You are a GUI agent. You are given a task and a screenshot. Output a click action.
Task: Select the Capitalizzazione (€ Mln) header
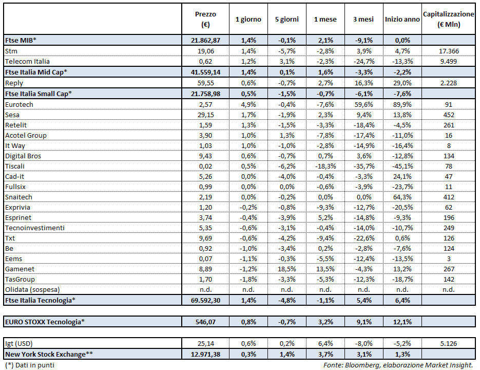(448, 19)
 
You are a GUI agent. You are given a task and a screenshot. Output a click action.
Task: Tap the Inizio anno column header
(402, 20)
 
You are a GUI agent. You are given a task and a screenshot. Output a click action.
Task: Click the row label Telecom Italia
(27, 62)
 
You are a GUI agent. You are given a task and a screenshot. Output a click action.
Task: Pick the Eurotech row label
(20, 104)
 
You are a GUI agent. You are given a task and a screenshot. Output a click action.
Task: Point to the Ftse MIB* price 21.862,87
(205, 40)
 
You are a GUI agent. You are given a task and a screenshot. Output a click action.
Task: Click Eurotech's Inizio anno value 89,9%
(402, 104)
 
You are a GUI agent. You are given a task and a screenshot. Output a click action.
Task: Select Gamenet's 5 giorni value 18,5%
(286, 269)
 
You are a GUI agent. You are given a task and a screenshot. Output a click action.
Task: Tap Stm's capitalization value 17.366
(448, 51)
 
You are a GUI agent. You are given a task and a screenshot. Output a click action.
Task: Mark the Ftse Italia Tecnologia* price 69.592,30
(205, 300)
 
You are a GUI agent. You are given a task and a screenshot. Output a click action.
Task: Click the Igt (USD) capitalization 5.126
(448, 343)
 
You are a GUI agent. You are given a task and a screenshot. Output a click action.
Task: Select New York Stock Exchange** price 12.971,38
(205, 354)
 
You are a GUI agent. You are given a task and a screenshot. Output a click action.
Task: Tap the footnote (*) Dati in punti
(29, 365)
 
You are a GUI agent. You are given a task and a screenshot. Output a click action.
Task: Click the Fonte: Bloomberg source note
(398, 365)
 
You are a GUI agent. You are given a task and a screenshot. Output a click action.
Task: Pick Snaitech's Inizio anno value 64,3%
(402, 197)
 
